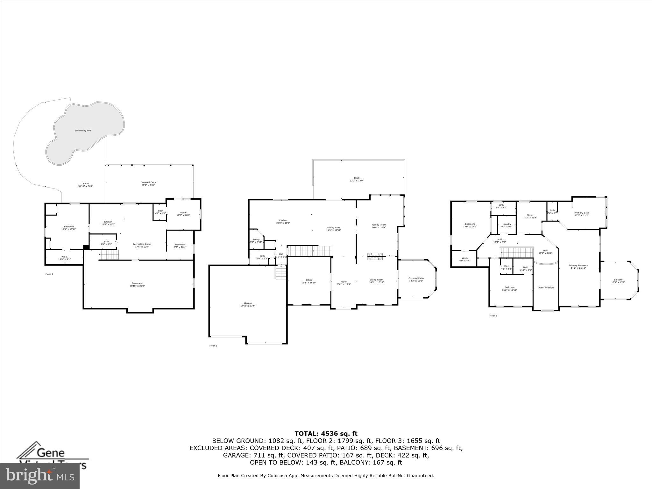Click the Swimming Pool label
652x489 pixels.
pos(83,131)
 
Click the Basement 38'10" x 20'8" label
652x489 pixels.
pos(137,285)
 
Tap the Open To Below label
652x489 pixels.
pos(546,287)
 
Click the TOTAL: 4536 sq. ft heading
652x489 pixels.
pos(326,434)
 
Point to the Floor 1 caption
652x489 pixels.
pos(49,274)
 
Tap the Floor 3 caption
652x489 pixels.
pos(493,316)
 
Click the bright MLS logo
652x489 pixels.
pos(40,476)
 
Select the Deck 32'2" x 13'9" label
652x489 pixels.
pos(357,179)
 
